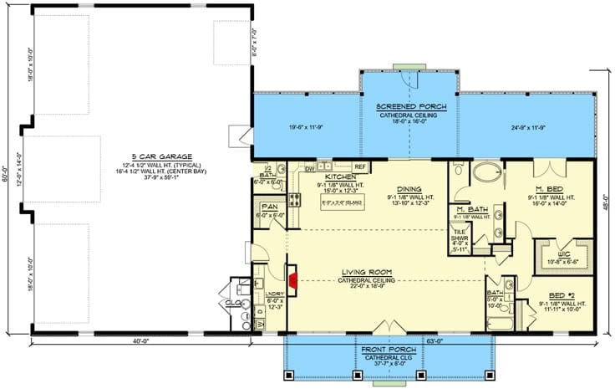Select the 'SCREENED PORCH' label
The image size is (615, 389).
(x=410, y=107)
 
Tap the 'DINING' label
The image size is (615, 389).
(x=409, y=189)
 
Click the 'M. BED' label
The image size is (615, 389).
(x=548, y=189)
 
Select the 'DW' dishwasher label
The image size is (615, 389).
(x=309, y=167)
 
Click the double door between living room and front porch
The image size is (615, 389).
(x=387, y=327)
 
